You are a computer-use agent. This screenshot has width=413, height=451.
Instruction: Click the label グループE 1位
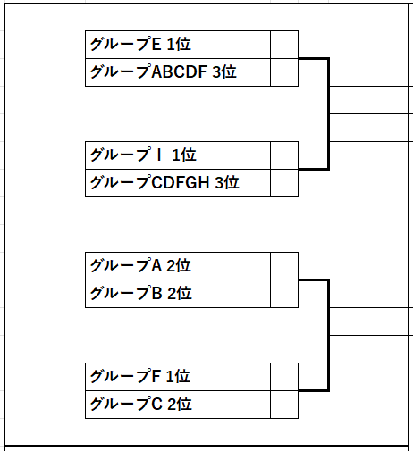[140, 45]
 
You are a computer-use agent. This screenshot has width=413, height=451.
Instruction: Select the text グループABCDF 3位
[164, 72]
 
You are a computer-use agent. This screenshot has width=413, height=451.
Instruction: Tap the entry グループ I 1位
[143, 155]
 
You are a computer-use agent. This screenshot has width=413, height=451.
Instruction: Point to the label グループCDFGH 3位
[164, 183]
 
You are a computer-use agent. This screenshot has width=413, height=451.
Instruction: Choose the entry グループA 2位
[140, 266]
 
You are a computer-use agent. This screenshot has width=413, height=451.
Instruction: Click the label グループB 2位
[141, 294]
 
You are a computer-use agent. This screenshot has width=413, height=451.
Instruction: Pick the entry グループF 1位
[140, 377]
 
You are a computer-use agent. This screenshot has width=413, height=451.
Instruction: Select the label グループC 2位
[141, 405]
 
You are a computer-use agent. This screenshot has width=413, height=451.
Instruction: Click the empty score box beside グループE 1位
[284, 45]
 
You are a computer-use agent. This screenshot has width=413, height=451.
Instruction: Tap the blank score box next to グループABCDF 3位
[284, 72]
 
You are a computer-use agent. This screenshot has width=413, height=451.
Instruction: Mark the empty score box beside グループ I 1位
[284, 155]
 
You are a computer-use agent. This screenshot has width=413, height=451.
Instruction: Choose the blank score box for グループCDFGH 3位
[284, 183]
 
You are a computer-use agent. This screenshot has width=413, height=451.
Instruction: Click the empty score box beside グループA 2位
[284, 266]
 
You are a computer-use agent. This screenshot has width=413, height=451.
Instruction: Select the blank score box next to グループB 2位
[284, 294]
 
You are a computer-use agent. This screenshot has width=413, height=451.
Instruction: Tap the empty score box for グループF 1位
[284, 377]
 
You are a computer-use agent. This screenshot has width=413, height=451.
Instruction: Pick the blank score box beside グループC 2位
[284, 405]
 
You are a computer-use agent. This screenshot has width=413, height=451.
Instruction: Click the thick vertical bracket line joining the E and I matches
[329, 114]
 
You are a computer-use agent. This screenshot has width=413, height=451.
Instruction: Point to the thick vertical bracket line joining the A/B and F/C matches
[329, 336]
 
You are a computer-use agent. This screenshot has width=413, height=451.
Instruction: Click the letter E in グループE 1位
[156, 45]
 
